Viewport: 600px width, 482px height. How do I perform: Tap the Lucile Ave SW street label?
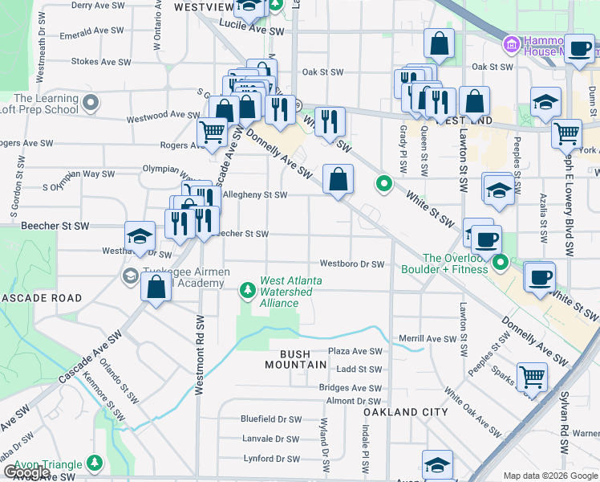pyautogui.click(x=256, y=31)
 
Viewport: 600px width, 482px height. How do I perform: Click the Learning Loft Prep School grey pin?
pyautogui.click(x=90, y=103)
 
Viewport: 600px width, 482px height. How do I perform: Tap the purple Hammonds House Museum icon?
pyautogui.click(x=509, y=42)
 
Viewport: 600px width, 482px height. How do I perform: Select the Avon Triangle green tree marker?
pyautogui.click(x=95, y=464)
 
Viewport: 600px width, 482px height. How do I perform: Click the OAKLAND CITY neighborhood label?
pyautogui.click(x=405, y=411)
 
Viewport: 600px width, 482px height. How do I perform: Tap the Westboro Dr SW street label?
pyautogui.click(x=352, y=263)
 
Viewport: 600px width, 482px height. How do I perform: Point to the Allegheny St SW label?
pyautogui.click(x=255, y=194)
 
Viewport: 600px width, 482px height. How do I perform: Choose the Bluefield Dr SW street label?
pyautogui.click(x=271, y=419)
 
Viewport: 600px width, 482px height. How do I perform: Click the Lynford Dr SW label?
pyautogui.click(x=271, y=459)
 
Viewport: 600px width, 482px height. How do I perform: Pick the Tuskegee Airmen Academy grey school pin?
pyautogui.click(x=129, y=276)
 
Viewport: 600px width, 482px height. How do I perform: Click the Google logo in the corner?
pyautogui.click(x=26, y=472)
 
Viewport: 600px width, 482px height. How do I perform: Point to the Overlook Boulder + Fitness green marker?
pyautogui.click(x=501, y=263)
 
